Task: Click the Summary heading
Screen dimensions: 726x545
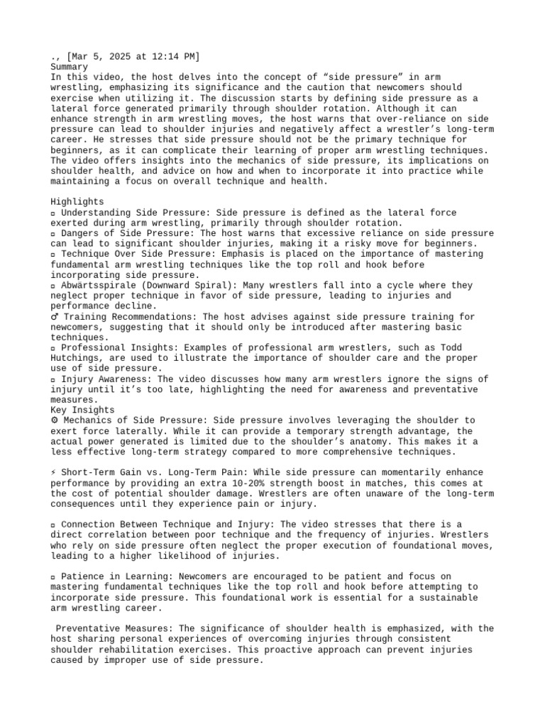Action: tap(70, 67)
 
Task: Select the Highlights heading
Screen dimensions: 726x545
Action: tap(77, 202)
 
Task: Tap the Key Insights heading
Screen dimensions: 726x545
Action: tap(82, 410)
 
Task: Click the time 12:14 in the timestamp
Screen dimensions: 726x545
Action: tap(163, 56)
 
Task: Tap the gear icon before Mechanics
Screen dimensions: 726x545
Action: tap(55, 420)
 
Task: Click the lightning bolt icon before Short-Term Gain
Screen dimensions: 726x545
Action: tap(55, 472)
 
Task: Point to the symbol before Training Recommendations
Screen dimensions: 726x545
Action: tap(55, 317)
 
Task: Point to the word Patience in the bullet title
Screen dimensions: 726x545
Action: tap(82, 576)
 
